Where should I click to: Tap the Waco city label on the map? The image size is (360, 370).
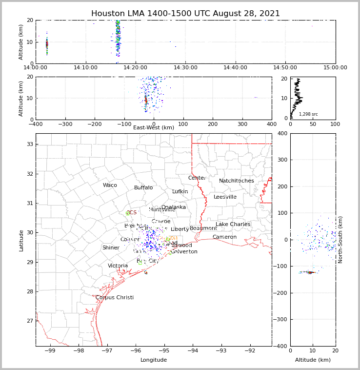(x=110, y=185)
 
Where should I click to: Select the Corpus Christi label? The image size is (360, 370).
(x=115, y=298)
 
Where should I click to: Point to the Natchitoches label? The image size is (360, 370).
(x=237, y=181)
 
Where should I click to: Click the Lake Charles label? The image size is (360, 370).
(x=233, y=225)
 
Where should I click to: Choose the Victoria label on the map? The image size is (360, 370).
(x=118, y=266)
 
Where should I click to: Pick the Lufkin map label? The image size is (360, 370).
(x=180, y=192)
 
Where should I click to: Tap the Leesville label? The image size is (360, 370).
(x=225, y=197)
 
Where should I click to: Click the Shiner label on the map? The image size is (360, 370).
(x=111, y=248)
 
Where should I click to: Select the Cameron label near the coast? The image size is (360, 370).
(x=224, y=237)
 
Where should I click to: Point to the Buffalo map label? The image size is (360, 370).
(x=143, y=188)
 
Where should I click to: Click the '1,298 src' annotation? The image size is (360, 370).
(x=308, y=114)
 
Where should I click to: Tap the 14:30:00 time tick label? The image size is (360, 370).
(x=185, y=68)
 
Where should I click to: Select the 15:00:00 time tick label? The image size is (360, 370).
(x=335, y=68)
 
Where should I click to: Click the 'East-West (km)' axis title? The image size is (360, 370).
(x=154, y=128)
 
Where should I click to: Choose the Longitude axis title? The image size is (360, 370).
(x=154, y=360)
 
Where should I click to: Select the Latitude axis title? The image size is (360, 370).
(x=21, y=240)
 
